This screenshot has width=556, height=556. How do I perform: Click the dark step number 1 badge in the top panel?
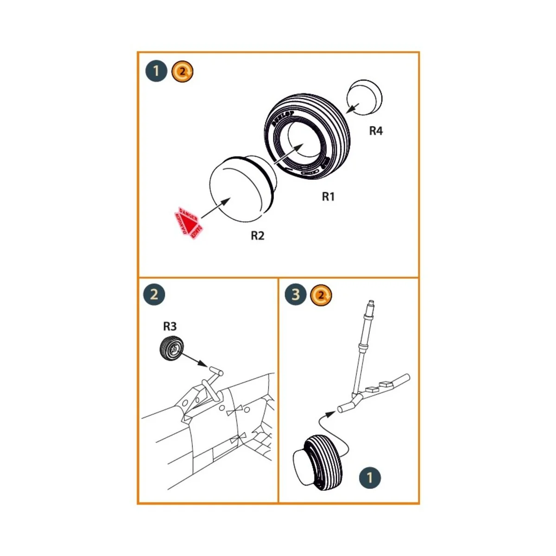pyautogui.click(x=156, y=71)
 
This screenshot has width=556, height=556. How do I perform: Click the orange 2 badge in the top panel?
pyautogui.click(x=183, y=72)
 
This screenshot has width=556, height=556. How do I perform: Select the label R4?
pyautogui.click(x=376, y=131)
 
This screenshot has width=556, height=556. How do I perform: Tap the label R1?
pyautogui.click(x=328, y=197)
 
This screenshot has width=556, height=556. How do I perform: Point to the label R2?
pyautogui.click(x=258, y=236)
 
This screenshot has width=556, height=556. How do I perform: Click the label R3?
pyautogui.click(x=170, y=327)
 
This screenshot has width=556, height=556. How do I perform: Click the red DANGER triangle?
pyautogui.click(x=188, y=222)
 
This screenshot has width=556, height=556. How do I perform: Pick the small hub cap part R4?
pyautogui.click(x=365, y=97)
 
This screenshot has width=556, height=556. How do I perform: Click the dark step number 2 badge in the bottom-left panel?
pyautogui.click(x=154, y=295)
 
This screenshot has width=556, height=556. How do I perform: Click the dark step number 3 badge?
pyautogui.click(x=296, y=295)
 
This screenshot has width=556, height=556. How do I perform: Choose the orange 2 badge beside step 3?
pyautogui.click(x=322, y=295)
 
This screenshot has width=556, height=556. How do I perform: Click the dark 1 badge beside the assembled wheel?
pyautogui.click(x=369, y=478)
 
